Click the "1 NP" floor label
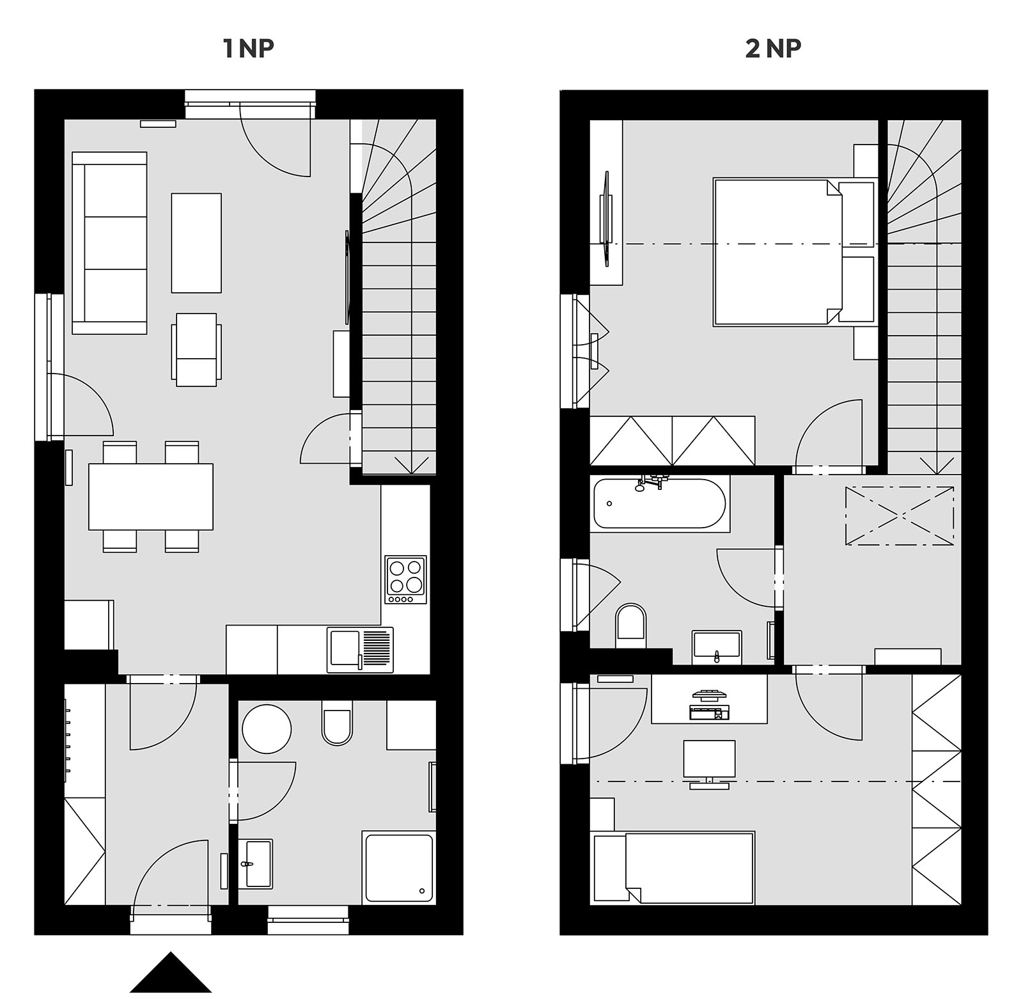[249, 49]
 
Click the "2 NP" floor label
[773, 49]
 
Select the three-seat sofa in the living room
[110, 243]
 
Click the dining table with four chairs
[151, 496]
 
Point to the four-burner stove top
[405, 579]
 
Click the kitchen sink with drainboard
[360, 650]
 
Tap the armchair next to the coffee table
[196, 350]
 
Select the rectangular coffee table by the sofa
[196, 243]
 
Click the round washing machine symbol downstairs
[267, 728]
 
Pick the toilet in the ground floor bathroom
[337, 723]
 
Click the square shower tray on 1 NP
[398, 867]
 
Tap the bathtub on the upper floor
[660, 503]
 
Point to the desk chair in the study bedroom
[709, 764]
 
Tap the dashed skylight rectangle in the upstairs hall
[900, 516]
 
